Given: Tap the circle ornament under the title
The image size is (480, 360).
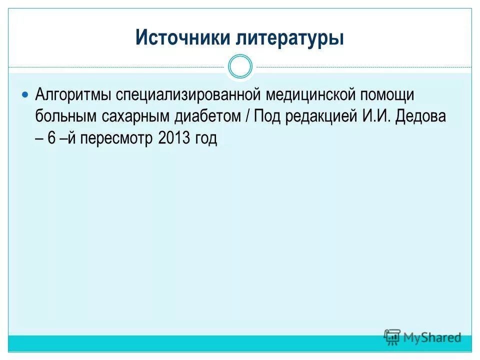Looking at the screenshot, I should [240, 66].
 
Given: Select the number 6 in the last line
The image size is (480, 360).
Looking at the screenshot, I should [51, 138].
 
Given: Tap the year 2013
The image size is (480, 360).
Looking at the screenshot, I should [172, 138].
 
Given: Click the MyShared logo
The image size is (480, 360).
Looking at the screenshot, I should [422, 337].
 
